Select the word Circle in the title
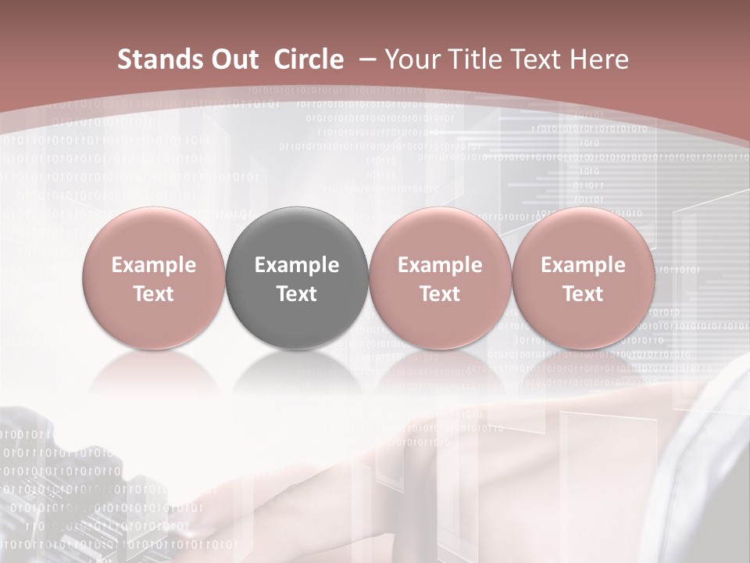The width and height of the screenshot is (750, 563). [309, 59]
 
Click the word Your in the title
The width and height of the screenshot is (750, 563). [411, 59]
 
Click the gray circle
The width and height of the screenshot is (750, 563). [297, 278]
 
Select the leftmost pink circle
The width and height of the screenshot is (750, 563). [154, 278]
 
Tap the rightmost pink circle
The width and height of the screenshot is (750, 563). [583, 278]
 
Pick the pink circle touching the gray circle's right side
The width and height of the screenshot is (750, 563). [440, 278]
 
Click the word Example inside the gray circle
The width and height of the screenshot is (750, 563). [297, 265]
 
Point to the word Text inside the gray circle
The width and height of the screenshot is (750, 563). [297, 294]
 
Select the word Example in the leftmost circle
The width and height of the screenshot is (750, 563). [154, 265]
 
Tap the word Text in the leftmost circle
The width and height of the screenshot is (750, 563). [154, 294]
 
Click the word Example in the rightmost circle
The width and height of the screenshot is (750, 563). [583, 265]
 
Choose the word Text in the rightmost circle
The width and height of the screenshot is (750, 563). [583, 294]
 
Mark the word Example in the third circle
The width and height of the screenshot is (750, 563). [440, 265]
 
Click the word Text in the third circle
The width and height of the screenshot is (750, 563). [440, 294]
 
